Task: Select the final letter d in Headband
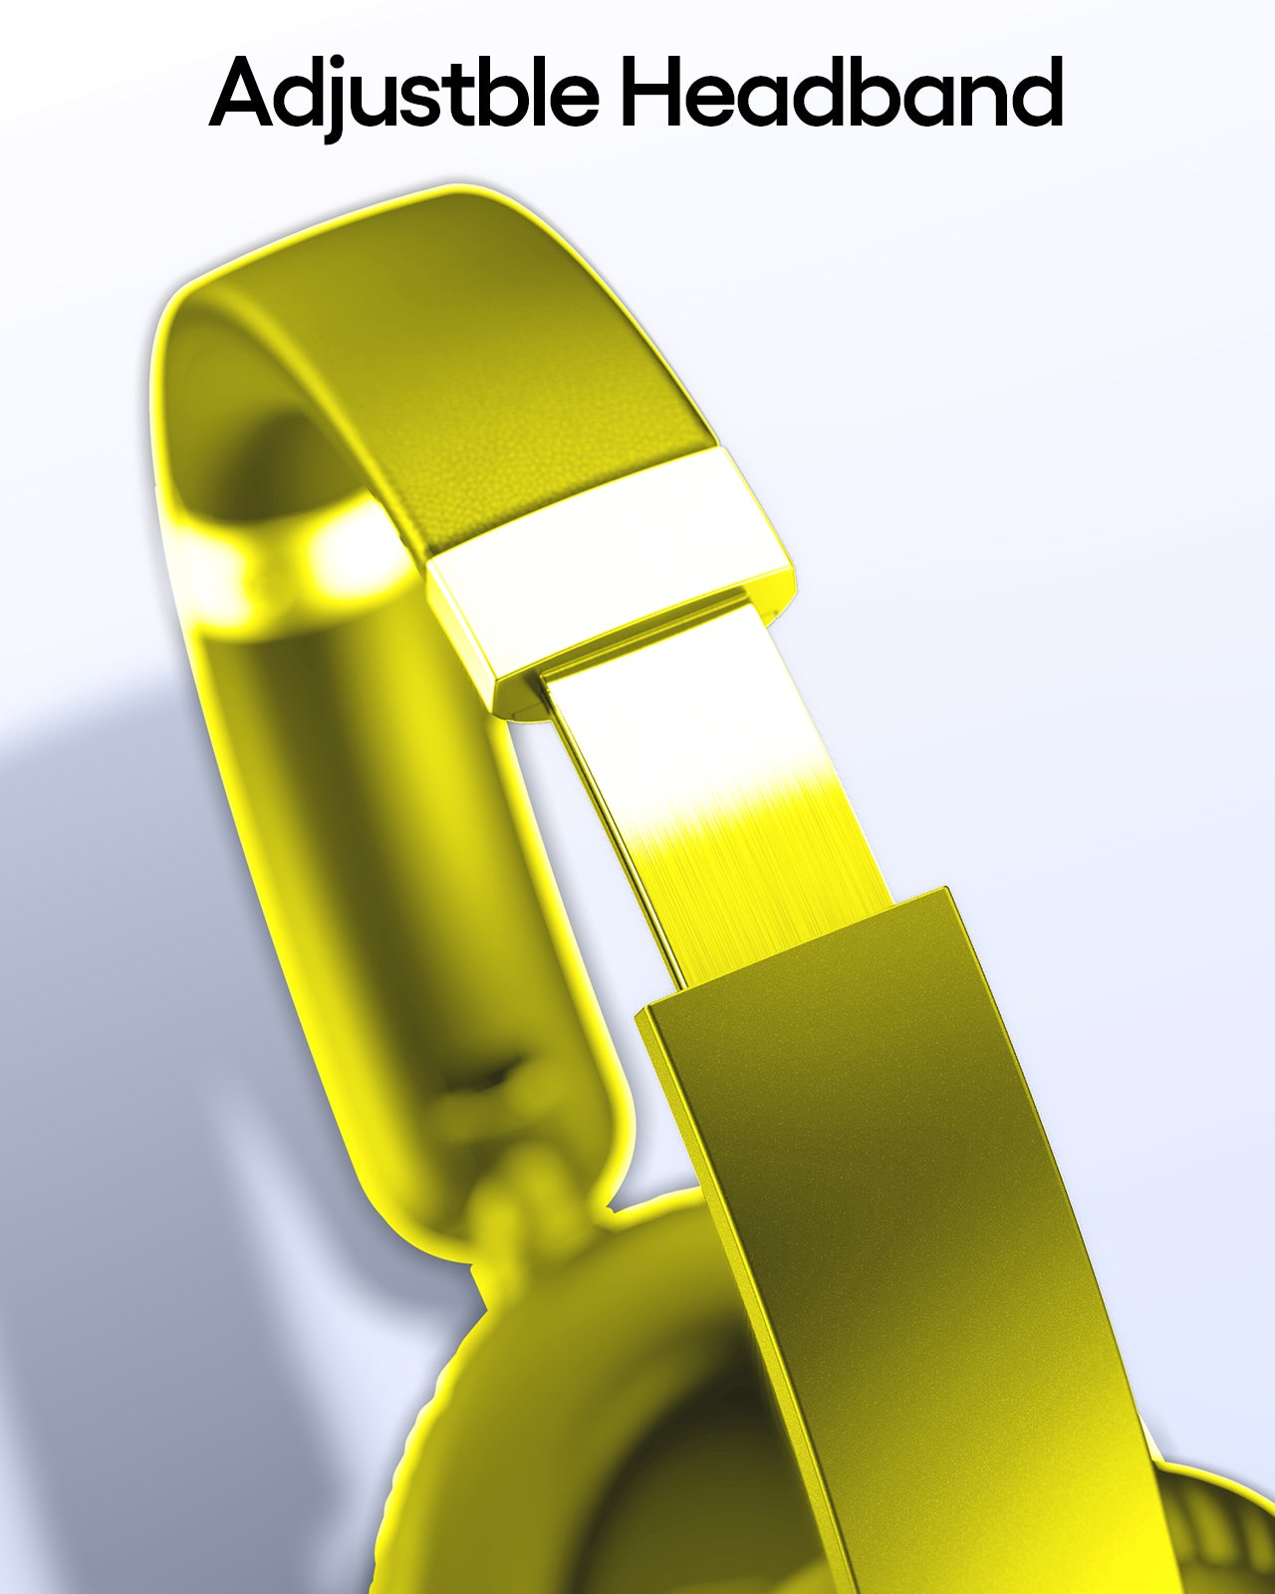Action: coord(1034,92)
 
